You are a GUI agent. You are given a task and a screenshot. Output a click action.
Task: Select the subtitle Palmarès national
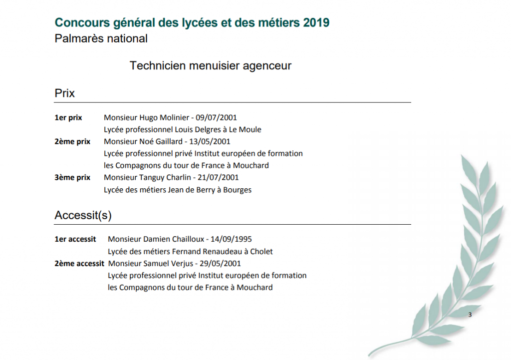(101, 38)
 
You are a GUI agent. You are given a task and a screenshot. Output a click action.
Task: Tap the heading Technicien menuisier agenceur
(210, 65)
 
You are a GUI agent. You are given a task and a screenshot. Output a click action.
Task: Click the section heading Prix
(64, 93)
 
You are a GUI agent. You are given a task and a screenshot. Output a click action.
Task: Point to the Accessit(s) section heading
(83, 215)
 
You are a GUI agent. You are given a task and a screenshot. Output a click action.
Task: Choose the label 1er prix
(68, 118)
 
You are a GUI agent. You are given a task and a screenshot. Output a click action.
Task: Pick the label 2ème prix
(72, 142)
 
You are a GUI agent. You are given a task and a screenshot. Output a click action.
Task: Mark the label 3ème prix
(72, 177)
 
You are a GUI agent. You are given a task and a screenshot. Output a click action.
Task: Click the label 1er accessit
(75, 239)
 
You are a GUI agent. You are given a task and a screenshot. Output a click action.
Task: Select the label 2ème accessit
(79, 263)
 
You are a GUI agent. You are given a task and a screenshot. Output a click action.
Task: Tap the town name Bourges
(237, 190)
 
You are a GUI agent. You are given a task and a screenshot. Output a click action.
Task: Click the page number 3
(470, 315)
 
